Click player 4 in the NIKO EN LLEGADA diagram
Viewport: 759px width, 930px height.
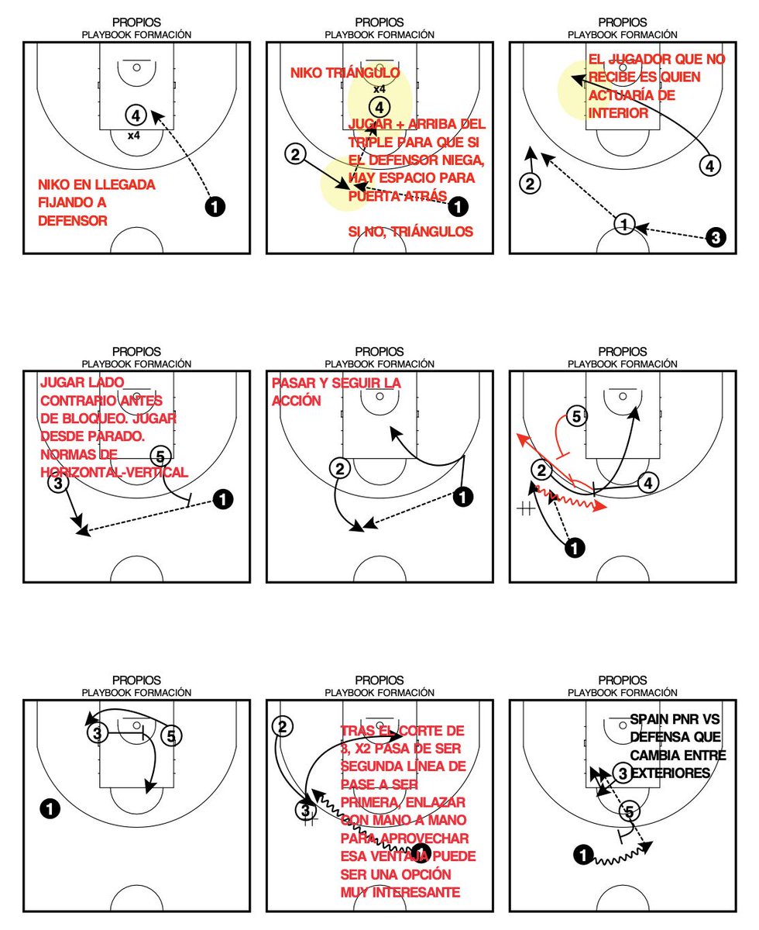136,115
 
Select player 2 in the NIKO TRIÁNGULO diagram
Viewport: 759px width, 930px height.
294,153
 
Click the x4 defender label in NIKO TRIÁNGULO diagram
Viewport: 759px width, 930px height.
379,89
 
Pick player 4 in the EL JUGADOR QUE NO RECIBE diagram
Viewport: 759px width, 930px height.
710,164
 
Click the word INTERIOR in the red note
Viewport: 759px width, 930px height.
618,113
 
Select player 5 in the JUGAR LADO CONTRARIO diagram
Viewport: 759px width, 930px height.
160,456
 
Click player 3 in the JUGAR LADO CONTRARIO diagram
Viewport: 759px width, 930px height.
58,483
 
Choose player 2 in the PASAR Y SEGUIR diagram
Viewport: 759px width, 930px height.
339,467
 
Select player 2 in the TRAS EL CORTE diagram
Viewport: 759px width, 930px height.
283,726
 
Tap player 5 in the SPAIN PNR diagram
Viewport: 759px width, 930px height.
630,811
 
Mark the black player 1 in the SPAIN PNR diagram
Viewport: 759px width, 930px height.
582,855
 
